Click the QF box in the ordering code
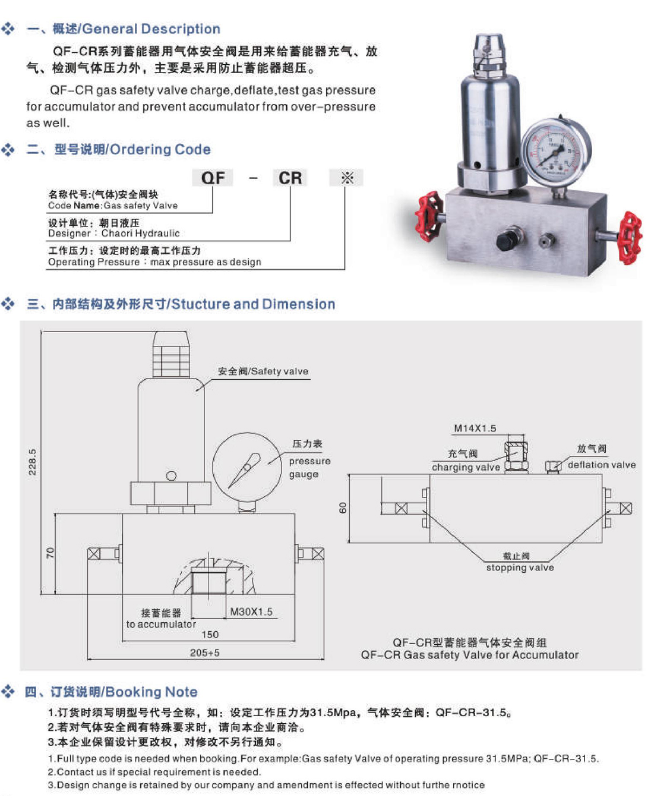coord(213,178)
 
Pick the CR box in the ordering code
coord(290,178)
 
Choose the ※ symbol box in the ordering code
coord(347,178)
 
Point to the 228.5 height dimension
coord(33,462)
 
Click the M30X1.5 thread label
coord(251,612)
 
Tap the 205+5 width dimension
coord(204,653)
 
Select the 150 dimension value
coord(210,635)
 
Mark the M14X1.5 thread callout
coord(475,428)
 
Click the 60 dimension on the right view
coord(343,508)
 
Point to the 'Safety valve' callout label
coord(263,371)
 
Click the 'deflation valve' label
coord(601,465)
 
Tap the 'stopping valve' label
coord(520,568)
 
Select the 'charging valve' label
coord(466,467)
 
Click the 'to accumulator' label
coord(160,624)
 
